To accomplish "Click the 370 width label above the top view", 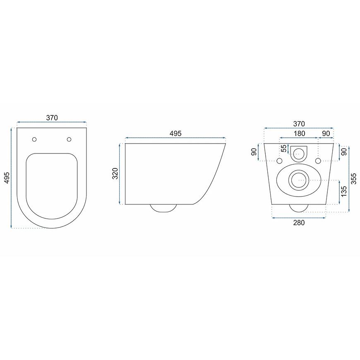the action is [52, 118].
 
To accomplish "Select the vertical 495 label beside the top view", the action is [7, 178].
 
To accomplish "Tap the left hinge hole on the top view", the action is [34, 139].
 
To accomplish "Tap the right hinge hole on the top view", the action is [69, 139].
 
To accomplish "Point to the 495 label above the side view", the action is [175, 133].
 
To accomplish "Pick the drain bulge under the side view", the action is [163, 208].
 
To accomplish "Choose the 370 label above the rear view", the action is [299, 124].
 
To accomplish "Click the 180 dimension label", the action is [299, 133].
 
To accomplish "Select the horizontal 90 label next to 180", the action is [326, 133].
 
